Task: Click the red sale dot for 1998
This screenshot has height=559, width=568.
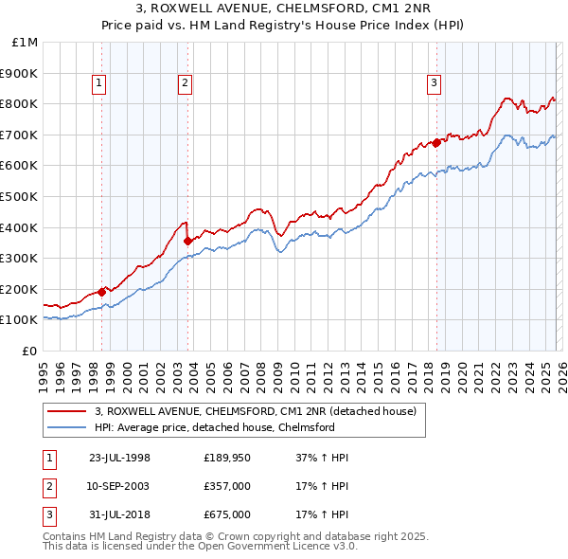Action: (x=102, y=292)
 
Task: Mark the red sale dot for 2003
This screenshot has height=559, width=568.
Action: (x=187, y=241)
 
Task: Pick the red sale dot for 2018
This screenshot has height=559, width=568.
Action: (x=436, y=142)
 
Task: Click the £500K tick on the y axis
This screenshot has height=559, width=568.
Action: (x=21, y=196)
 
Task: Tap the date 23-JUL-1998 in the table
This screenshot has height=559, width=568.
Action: (x=119, y=458)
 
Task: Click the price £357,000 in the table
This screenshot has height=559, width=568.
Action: (x=227, y=486)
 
